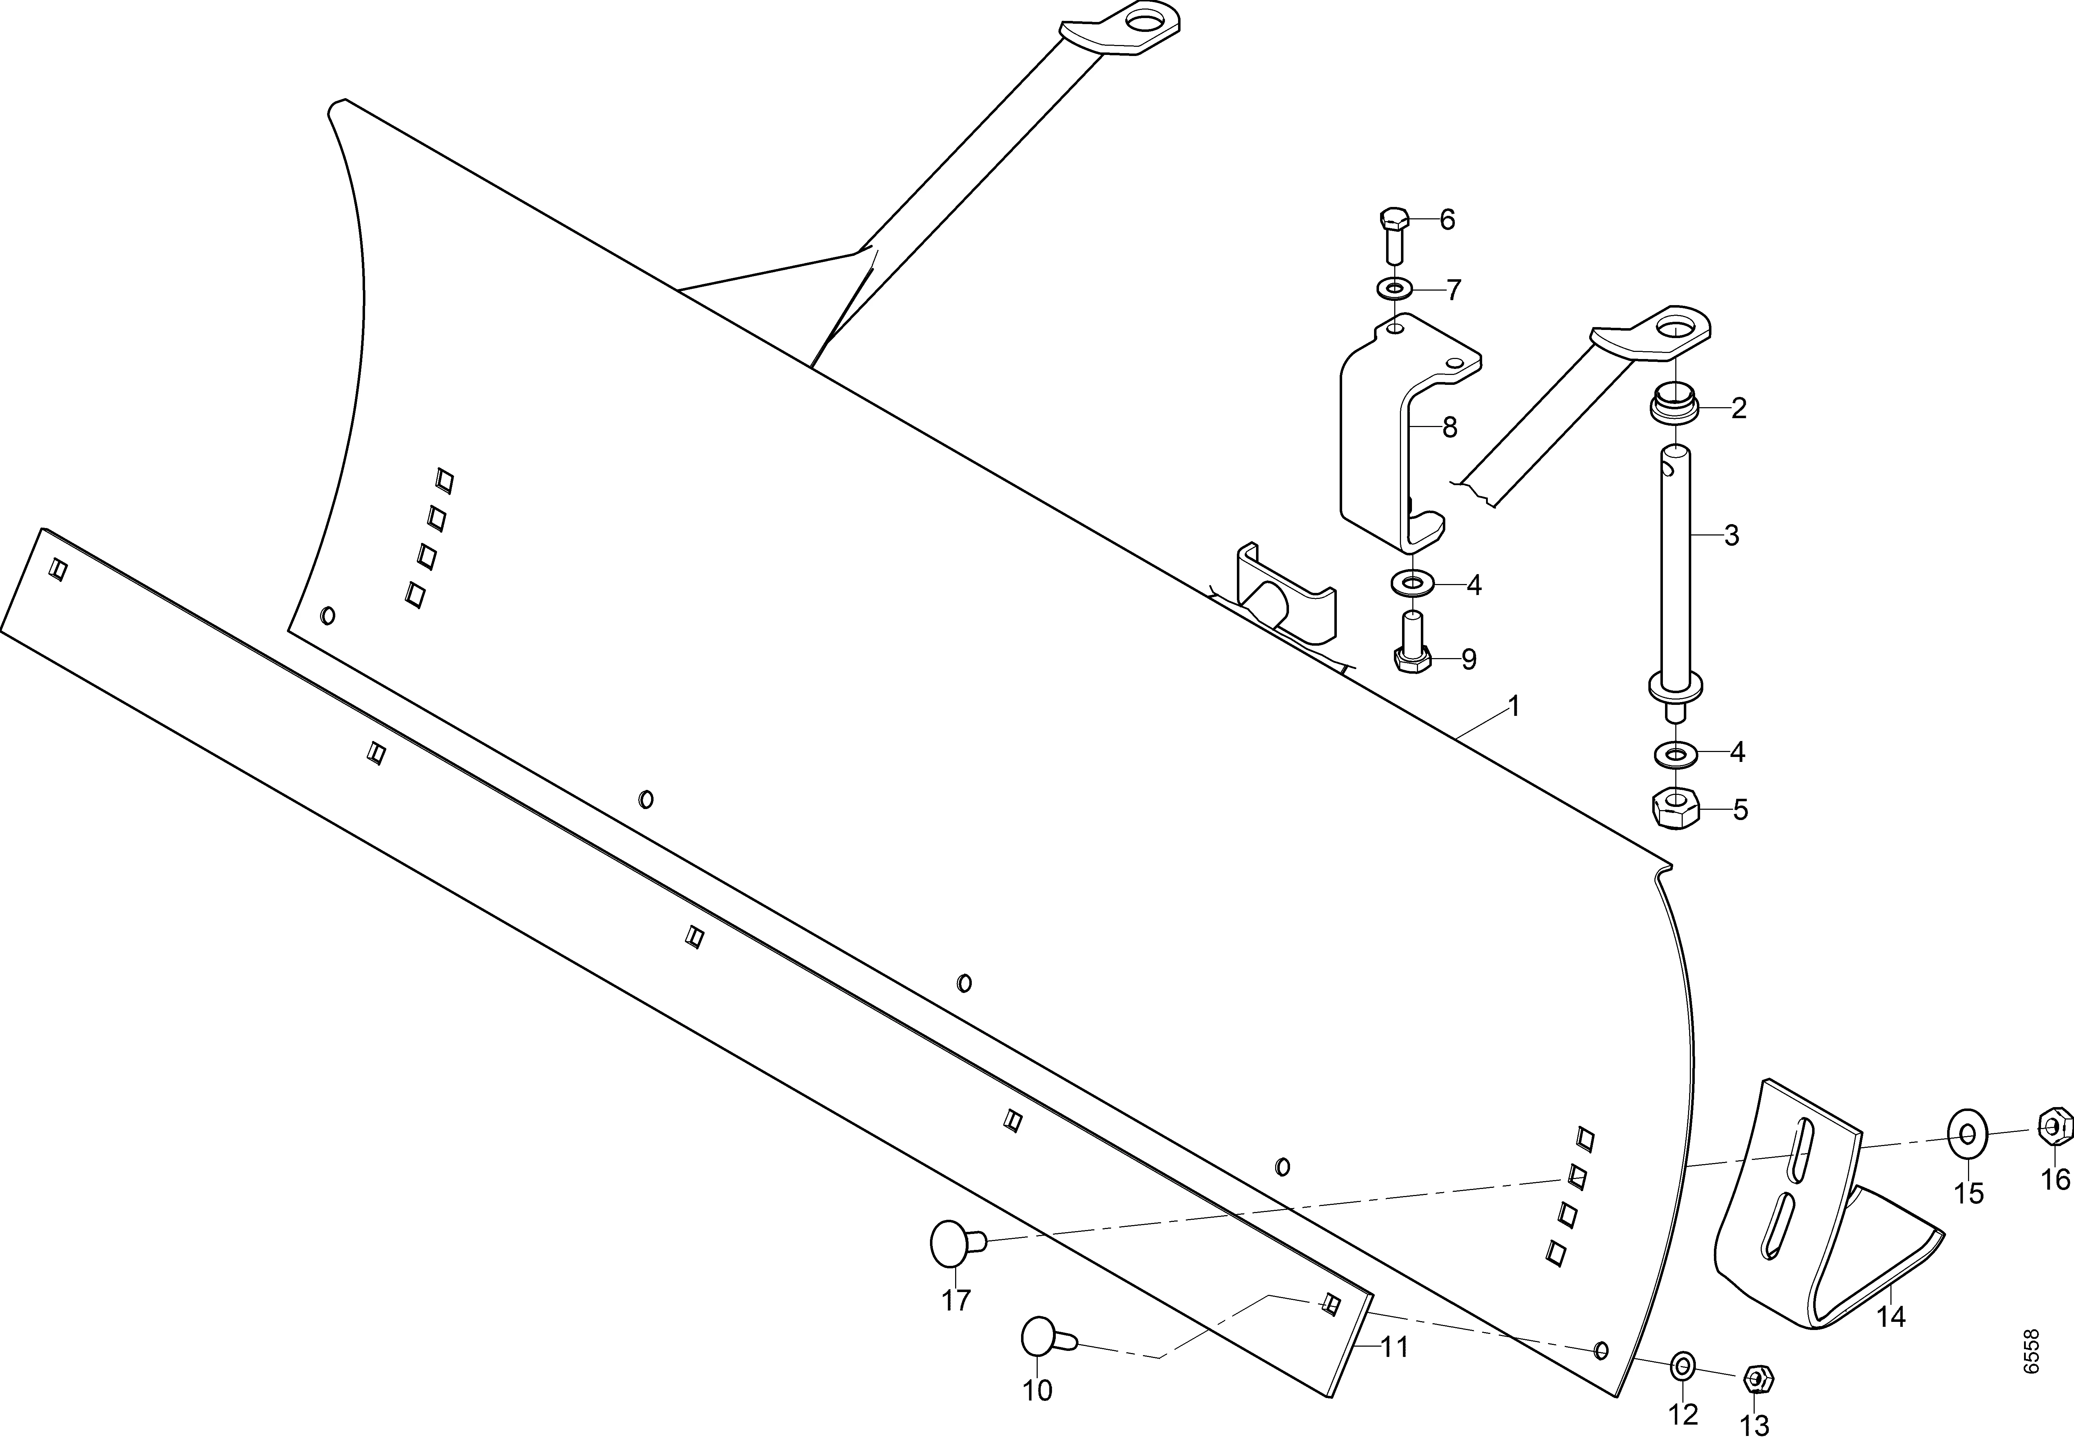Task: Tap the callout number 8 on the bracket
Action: coord(1450,427)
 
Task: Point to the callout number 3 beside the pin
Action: coord(1731,536)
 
